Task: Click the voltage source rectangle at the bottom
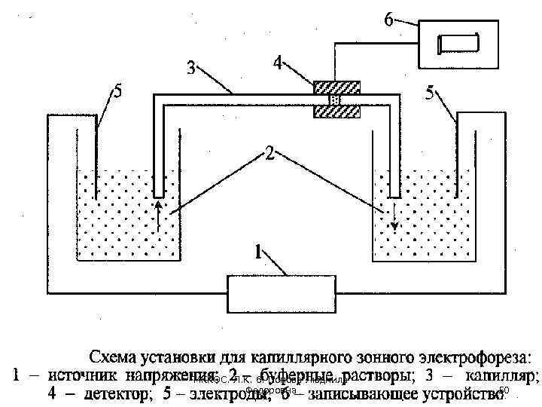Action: pos(282,293)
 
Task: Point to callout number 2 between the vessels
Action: pos(269,155)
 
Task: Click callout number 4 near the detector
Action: pos(279,63)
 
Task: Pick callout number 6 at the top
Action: pos(388,20)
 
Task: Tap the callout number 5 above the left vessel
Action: pos(117,92)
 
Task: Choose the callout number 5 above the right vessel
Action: pos(429,93)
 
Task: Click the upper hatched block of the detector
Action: pos(336,87)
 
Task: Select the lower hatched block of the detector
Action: pos(336,112)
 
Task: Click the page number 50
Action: pos(504,390)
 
